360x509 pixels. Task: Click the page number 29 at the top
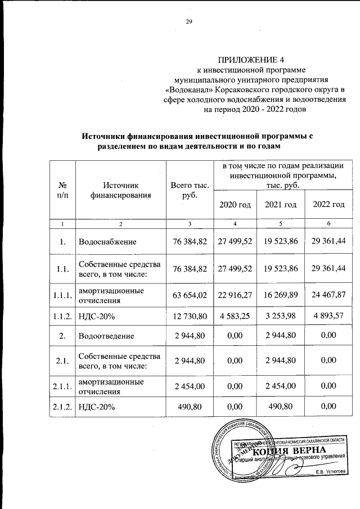189,22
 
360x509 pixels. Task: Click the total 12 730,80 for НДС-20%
189,316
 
